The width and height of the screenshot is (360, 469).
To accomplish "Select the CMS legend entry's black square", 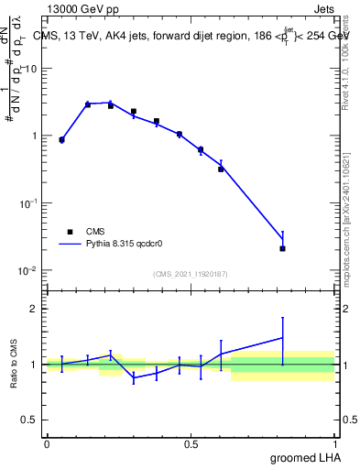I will (x=70, y=232).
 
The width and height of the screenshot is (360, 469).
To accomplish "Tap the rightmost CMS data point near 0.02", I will (x=283, y=248).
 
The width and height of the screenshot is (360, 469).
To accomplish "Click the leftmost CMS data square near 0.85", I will (x=61, y=140).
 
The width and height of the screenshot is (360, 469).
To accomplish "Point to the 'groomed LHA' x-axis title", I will (x=303, y=457).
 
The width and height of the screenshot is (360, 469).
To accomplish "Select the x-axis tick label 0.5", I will (x=191, y=444).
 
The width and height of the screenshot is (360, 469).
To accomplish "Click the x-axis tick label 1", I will (x=335, y=444).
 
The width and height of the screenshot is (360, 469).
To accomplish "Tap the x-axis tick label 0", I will (x=46, y=444).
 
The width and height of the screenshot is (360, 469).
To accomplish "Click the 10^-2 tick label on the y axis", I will (x=30, y=271).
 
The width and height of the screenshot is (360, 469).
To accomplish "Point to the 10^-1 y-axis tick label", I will (x=30, y=203).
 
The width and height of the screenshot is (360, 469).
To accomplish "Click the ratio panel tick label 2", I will (x=35, y=309).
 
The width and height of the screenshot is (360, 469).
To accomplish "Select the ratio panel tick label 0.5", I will (x=31, y=420).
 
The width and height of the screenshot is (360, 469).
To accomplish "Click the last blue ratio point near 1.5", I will (x=283, y=338).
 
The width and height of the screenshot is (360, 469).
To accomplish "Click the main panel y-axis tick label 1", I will (x=35, y=136).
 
